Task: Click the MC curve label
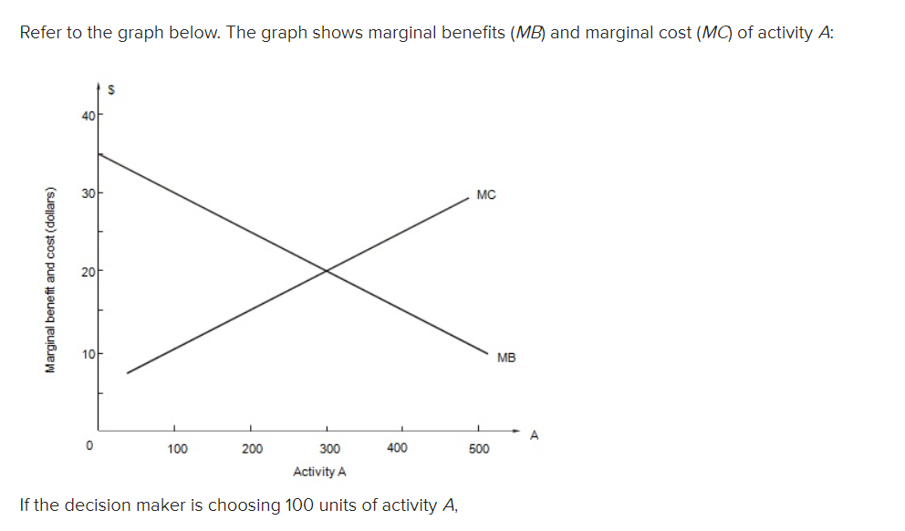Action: (485, 194)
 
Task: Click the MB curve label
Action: (506, 358)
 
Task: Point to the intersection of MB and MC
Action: (327, 270)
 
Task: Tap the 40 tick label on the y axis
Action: (87, 115)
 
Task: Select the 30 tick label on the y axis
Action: (87, 193)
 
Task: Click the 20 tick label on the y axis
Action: (87, 272)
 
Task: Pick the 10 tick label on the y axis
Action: (87, 351)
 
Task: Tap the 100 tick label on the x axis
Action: (177, 449)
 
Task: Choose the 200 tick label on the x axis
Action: (253, 449)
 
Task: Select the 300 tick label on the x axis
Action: (329, 449)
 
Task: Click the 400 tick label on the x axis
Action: (397, 448)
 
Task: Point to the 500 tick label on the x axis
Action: (479, 449)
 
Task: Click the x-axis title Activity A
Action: (319, 472)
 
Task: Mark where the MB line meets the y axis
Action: (99, 154)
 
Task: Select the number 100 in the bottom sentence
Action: (302, 505)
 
